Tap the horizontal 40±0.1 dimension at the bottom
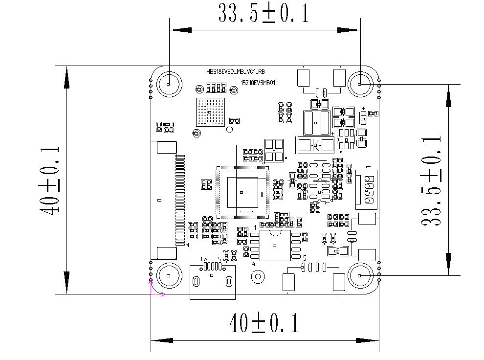[264, 323]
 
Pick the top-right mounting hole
[360, 84]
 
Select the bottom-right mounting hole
[360, 276]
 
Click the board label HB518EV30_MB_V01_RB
[236, 71]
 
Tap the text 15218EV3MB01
[258, 83]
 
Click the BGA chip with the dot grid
[210, 112]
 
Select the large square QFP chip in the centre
[242, 192]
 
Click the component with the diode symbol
[315, 145]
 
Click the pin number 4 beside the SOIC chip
[254, 264]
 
